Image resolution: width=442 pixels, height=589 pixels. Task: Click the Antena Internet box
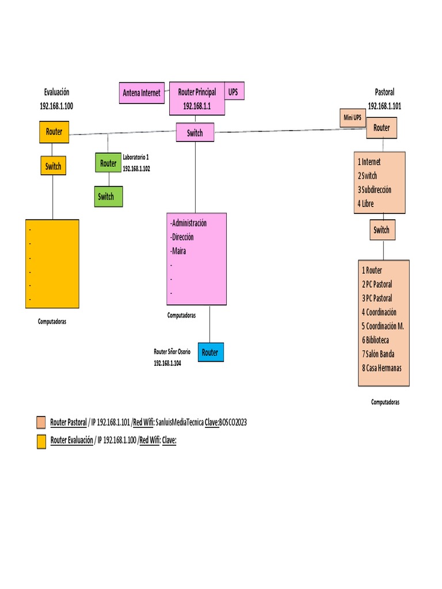pyautogui.click(x=142, y=93)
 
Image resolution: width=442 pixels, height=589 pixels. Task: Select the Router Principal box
pyautogui.click(x=197, y=98)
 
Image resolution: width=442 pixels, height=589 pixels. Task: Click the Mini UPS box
pyautogui.click(x=353, y=118)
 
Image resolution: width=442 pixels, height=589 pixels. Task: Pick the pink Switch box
pyautogui.click(x=195, y=132)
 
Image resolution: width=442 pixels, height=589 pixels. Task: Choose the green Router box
pyautogui.click(x=108, y=163)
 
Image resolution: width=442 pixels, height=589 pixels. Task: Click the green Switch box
pyautogui.click(x=108, y=197)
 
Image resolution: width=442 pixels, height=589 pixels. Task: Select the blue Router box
pyautogui.click(x=211, y=353)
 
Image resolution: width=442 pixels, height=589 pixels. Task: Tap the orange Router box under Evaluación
pyautogui.click(x=54, y=132)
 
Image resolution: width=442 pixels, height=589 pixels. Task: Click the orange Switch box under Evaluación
pyautogui.click(x=54, y=166)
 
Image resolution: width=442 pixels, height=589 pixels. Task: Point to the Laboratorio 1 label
pyautogui.click(x=136, y=157)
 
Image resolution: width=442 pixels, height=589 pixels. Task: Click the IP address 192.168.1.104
pyautogui.click(x=167, y=364)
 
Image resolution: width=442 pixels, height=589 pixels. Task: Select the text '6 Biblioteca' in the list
pyautogui.click(x=375, y=340)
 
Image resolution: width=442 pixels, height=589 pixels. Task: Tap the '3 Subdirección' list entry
pyautogui.click(x=374, y=190)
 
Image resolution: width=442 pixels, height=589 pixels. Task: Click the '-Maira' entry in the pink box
pyautogui.click(x=178, y=251)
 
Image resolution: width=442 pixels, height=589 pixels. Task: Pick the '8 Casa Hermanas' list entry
pyautogui.click(x=382, y=368)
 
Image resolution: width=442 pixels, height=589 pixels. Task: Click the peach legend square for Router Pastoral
pyautogui.click(x=41, y=422)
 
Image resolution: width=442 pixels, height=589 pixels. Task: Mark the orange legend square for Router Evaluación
pyautogui.click(x=41, y=441)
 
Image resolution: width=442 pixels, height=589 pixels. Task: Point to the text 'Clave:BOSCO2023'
pyautogui.click(x=226, y=422)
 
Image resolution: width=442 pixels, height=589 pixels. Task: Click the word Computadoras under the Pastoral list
pyautogui.click(x=385, y=402)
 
